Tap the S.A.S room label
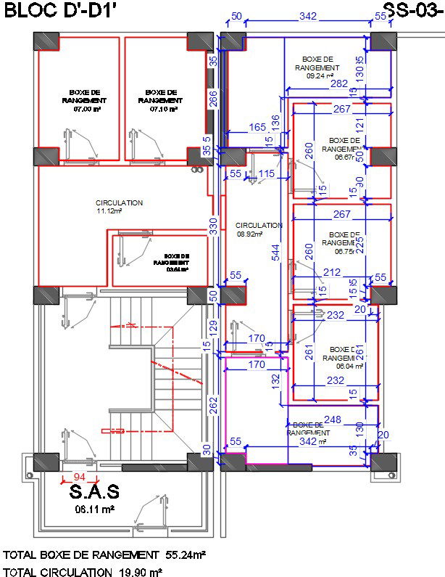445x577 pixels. pos(95,493)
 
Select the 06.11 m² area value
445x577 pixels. pos(95,510)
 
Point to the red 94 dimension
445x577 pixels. pos(79,476)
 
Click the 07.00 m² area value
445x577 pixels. pos(85,109)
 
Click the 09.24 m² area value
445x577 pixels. pos(320,75)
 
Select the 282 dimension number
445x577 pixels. pos(338,84)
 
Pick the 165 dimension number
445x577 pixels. pos(257,127)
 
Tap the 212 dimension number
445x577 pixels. pos(332,272)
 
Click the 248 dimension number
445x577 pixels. pos(333,419)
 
